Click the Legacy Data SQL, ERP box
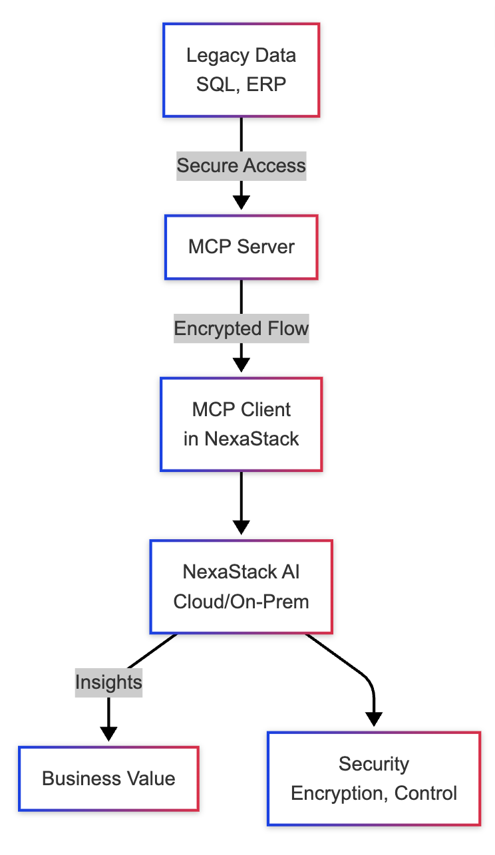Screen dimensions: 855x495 click(241, 70)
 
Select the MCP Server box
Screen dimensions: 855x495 click(241, 247)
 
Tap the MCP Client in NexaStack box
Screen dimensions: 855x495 click(241, 424)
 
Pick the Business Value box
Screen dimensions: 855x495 click(108, 779)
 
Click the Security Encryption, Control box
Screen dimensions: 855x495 click(374, 779)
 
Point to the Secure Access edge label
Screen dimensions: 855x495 click(241, 166)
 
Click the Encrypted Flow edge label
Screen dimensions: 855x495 click(241, 328)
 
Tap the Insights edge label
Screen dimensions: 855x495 click(108, 682)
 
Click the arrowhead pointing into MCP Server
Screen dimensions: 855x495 click(241, 202)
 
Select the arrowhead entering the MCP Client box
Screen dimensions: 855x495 click(241, 365)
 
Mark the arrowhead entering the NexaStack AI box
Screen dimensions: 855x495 click(241, 527)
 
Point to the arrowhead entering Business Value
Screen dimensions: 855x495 click(108, 733)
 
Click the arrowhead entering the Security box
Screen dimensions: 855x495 click(374, 719)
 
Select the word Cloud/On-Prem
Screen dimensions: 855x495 click(241, 602)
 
